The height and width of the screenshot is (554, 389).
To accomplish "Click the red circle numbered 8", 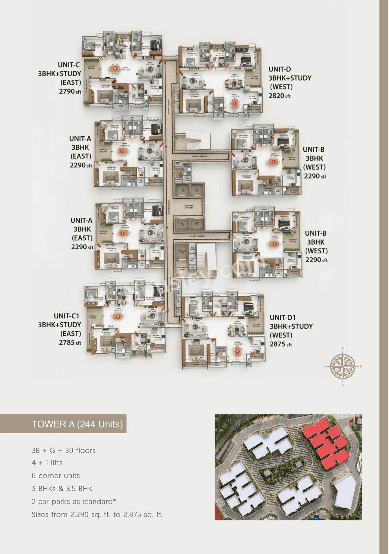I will (115, 68).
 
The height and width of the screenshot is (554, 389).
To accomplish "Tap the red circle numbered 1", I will (235, 103).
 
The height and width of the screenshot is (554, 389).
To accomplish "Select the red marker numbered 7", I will (122, 151).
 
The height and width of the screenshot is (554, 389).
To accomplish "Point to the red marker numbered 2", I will (274, 162).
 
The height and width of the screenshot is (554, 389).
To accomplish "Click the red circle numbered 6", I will (122, 234).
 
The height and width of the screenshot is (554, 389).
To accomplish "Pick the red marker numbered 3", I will (274, 244).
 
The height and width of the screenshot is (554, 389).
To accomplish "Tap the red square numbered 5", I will (118, 317).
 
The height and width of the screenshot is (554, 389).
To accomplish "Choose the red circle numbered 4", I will (238, 351).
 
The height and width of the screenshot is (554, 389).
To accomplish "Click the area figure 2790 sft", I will (70, 91).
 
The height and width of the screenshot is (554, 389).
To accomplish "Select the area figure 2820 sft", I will (279, 96).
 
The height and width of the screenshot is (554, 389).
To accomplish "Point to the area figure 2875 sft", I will (281, 344).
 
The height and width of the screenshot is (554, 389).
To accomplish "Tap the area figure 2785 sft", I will (70, 343).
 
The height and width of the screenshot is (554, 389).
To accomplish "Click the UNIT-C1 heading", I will (66, 316).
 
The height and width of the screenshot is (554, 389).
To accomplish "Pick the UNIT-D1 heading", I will (283, 318).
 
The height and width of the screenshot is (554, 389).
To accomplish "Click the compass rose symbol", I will (343, 366).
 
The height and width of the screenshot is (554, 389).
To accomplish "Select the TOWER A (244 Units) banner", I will (77, 424).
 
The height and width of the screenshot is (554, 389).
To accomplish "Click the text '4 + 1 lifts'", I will (47, 463).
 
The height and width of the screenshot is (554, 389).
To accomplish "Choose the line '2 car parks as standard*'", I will (74, 501).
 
